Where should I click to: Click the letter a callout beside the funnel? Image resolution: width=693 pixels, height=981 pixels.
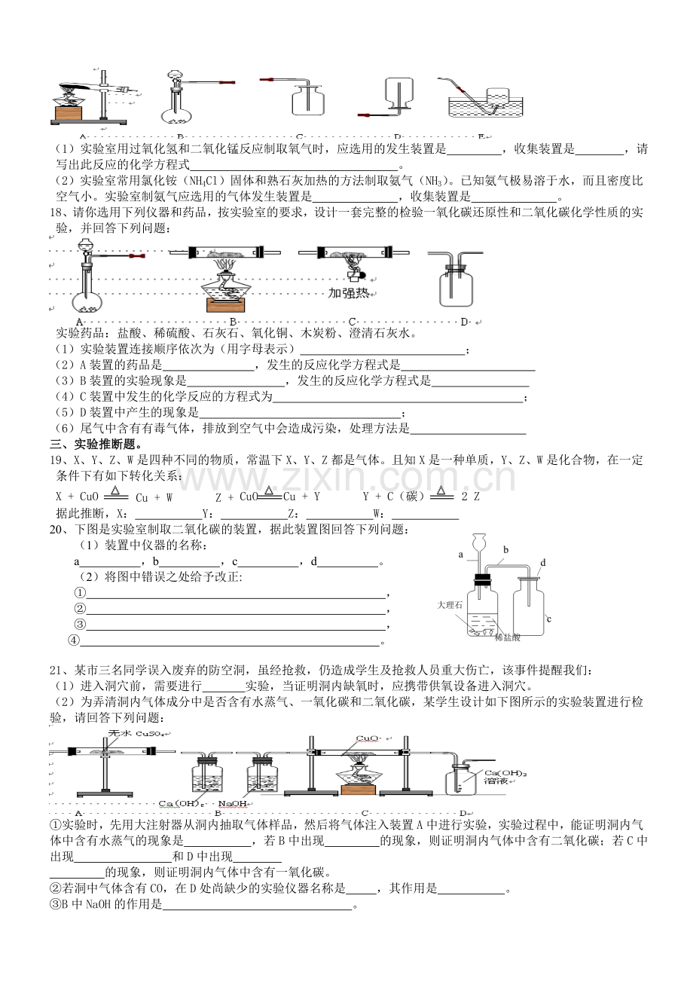[459, 554]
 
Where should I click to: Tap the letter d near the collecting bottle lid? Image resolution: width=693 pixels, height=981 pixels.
[542, 562]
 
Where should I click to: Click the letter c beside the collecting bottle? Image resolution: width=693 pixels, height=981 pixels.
[549, 619]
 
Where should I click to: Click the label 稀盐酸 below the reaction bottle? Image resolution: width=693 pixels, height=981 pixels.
[508, 637]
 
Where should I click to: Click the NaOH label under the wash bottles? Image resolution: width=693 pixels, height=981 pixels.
[238, 804]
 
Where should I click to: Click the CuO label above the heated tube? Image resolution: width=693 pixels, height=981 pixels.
[367, 738]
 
